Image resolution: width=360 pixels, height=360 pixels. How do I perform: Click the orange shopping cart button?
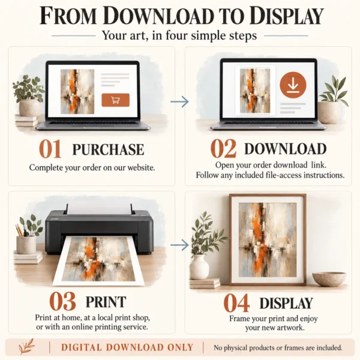(x=115, y=100)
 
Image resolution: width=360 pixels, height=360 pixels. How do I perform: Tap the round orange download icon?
(x=293, y=85)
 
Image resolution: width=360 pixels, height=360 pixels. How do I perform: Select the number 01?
(x=50, y=149)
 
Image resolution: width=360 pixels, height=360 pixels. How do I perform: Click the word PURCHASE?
(x=108, y=149)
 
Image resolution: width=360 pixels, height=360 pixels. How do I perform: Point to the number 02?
(x=223, y=149)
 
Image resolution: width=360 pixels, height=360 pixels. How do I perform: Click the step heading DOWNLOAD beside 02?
(x=286, y=149)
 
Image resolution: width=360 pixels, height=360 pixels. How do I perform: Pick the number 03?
(x=62, y=301)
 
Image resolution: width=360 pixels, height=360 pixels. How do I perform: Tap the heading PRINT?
(x=106, y=302)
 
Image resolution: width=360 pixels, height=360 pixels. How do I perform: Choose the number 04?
(x=236, y=303)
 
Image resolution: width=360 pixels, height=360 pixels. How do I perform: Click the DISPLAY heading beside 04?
(x=286, y=303)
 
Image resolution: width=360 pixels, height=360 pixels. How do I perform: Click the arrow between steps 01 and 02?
(x=179, y=101)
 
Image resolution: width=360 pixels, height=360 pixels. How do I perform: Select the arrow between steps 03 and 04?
(x=179, y=245)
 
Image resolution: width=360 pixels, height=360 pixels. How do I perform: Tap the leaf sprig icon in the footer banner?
(x=27, y=346)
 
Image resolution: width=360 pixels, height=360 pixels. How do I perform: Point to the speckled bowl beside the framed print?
(x=329, y=279)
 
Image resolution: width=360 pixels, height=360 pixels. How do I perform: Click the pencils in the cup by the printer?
(x=19, y=230)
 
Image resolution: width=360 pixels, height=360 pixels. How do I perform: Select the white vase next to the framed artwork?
(x=199, y=267)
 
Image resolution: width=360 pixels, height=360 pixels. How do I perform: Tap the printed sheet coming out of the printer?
(x=99, y=261)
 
